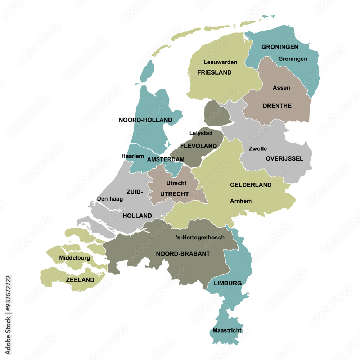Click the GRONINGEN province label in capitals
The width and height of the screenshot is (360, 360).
[280, 47]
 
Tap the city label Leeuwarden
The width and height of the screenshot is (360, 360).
[220, 62]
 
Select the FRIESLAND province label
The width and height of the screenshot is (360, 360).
[214, 72]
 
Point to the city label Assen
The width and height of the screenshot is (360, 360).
[282, 87]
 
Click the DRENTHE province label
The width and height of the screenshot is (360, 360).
[277, 106]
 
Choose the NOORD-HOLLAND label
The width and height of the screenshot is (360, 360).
[145, 120]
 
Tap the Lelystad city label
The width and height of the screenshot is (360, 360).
[201, 133]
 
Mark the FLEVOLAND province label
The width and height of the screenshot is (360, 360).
[199, 146]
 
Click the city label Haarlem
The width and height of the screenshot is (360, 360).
[133, 156]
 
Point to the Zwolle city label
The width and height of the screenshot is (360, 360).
[258, 149]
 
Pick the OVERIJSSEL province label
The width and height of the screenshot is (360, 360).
[284, 158]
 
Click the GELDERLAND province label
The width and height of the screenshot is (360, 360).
[251, 185]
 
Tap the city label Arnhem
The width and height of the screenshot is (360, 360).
[241, 201]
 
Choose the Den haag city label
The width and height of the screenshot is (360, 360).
[110, 199]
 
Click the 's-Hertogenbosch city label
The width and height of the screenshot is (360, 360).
[200, 237]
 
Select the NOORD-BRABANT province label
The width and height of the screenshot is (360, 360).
[183, 254]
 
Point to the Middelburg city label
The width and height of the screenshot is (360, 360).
[75, 258]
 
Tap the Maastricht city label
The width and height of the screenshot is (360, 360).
[227, 330]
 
